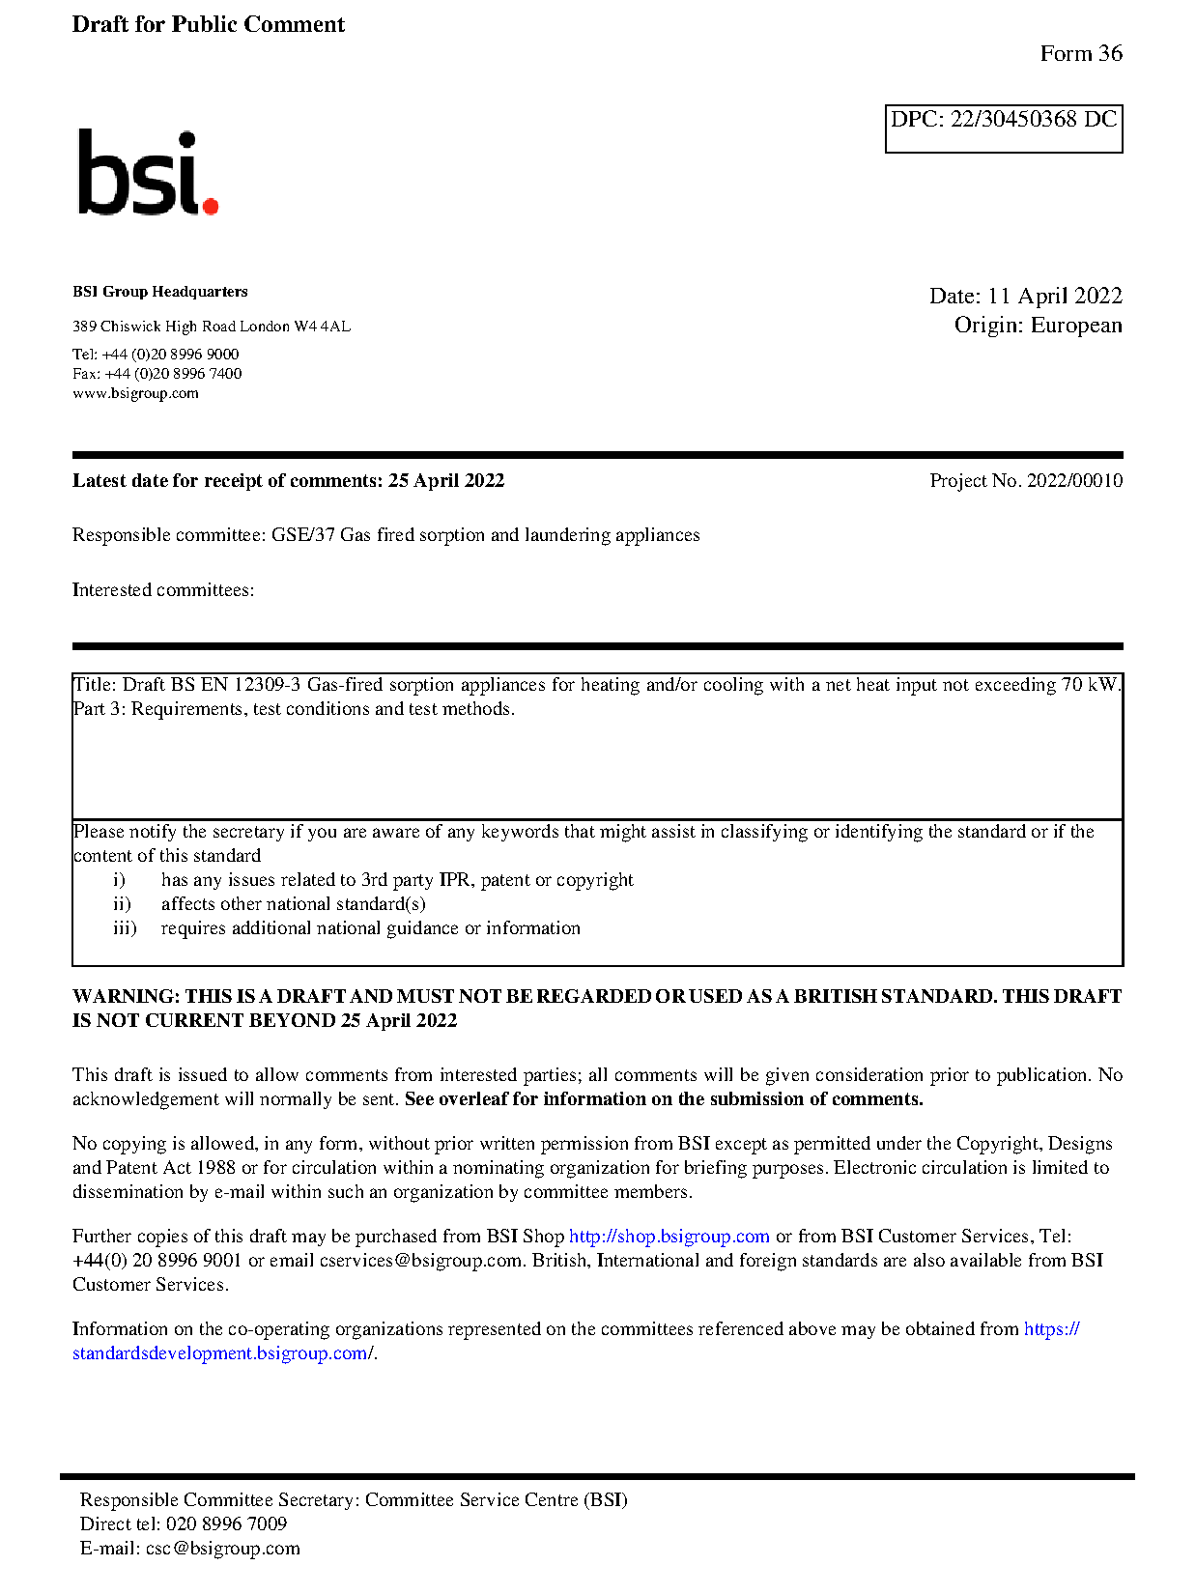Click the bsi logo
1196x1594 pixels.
click(147, 173)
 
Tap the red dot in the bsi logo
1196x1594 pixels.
click(210, 205)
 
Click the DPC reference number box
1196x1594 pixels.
click(1003, 128)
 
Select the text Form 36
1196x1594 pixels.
click(1080, 54)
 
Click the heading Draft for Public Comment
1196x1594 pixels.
click(208, 24)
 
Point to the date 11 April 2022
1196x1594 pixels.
click(1054, 296)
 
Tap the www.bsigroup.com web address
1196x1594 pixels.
click(135, 393)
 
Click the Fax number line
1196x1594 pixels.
click(157, 374)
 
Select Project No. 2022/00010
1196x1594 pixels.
click(1025, 481)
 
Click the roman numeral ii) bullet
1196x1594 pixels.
click(122, 904)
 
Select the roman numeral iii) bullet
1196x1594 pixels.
click(125, 928)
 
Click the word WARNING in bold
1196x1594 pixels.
click(126, 997)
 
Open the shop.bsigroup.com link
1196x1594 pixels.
click(669, 1237)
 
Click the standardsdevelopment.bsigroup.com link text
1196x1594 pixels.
click(220, 1353)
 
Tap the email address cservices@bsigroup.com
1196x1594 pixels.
click(420, 1261)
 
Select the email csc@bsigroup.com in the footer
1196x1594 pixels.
click(222, 1549)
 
